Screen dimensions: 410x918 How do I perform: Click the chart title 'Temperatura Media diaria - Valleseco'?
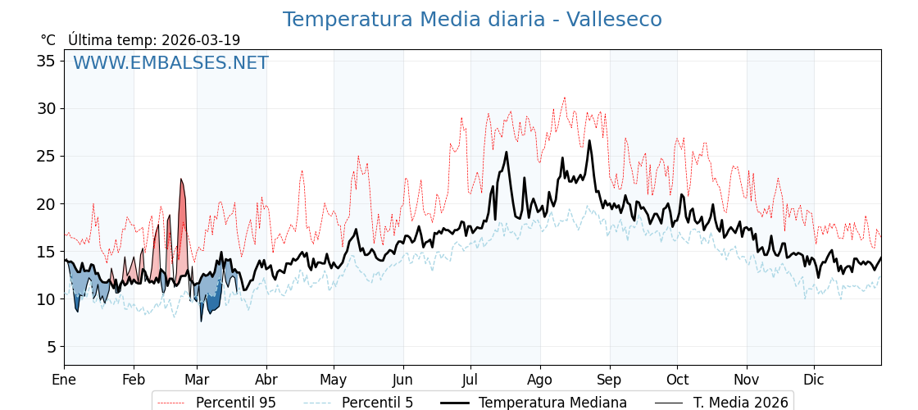[472, 20]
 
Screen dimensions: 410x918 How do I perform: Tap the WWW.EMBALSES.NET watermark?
[170, 63]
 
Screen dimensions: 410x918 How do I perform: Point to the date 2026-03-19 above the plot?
[201, 40]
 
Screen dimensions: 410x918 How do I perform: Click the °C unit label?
[48, 40]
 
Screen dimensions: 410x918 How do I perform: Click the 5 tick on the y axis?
[52, 347]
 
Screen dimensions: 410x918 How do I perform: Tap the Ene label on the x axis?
[64, 380]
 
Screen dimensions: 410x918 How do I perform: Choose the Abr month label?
[266, 380]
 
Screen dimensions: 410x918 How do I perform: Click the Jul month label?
[470, 380]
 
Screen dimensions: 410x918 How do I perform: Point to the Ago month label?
[539, 380]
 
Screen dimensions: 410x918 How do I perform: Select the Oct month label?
[677, 380]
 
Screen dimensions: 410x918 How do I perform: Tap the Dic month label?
[814, 380]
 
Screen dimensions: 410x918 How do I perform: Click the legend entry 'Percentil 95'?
[235, 403]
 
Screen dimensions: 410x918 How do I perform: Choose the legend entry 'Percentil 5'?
[377, 403]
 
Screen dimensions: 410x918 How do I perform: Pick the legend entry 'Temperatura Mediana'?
[552, 403]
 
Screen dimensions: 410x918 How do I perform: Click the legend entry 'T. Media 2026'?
[740, 403]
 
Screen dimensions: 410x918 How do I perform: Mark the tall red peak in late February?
[182, 182]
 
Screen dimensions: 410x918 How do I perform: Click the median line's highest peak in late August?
[589, 142]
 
